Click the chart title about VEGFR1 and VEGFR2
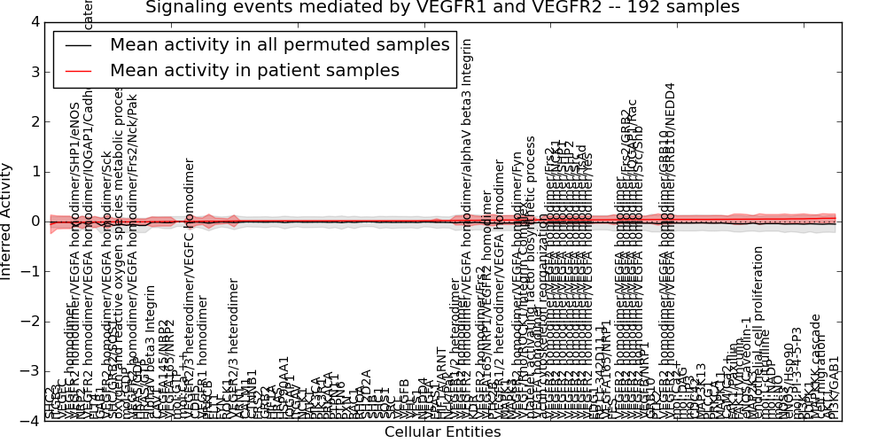click(x=442, y=8)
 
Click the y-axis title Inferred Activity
click(x=7, y=221)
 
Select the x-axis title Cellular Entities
click(x=442, y=432)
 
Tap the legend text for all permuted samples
click(x=280, y=45)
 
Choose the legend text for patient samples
click(x=255, y=70)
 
